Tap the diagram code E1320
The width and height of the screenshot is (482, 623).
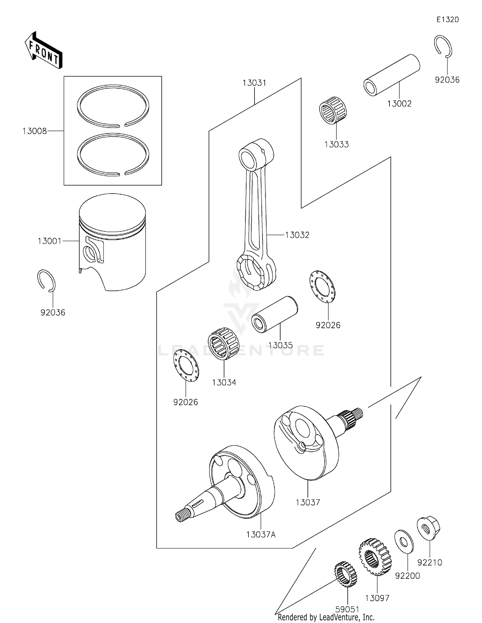[x=447, y=20]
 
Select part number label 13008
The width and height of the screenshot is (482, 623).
[x=34, y=131]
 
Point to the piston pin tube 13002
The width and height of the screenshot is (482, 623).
[x=392, y=75]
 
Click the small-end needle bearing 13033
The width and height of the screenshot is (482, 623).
[x=333, y=110]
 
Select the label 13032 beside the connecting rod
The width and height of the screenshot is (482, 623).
[x=297, y=235]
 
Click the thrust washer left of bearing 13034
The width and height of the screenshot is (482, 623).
[x=186, y=366]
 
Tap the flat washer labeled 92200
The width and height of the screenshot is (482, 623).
[x=404, y=542]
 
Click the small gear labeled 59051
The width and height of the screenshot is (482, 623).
[x=346, y=574]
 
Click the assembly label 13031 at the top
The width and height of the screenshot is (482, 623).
[x=254, y=83]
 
